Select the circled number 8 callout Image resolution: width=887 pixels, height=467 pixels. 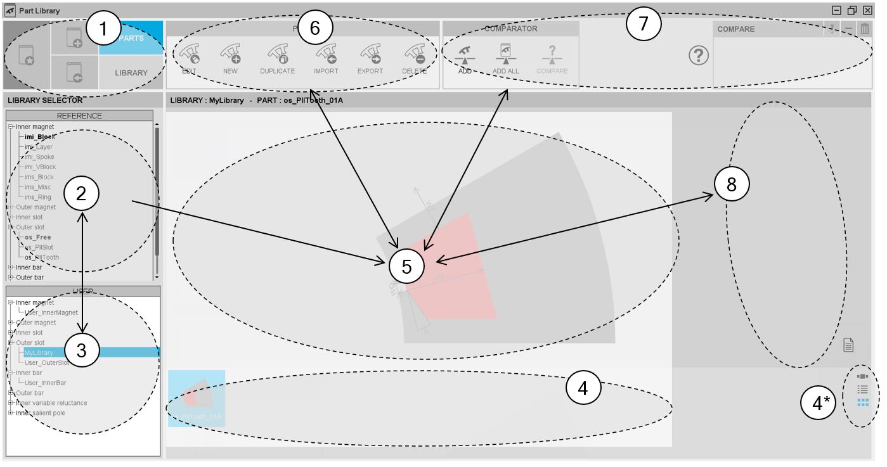[732, 184]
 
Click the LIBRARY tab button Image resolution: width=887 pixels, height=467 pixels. [131, 73]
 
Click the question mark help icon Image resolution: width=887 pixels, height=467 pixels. [698, 56]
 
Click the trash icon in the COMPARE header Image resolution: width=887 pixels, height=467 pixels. [865, 29]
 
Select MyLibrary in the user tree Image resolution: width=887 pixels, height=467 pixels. [39, 353]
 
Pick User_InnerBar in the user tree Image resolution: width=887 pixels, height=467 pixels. [45, 383]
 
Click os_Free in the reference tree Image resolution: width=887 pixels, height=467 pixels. [37, 237]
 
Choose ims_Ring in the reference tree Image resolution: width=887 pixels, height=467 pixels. [39, 197]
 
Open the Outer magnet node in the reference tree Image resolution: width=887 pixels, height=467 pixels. [11, 207]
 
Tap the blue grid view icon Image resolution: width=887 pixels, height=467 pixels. [862, 402]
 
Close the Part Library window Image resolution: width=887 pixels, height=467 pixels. [867, 10]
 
